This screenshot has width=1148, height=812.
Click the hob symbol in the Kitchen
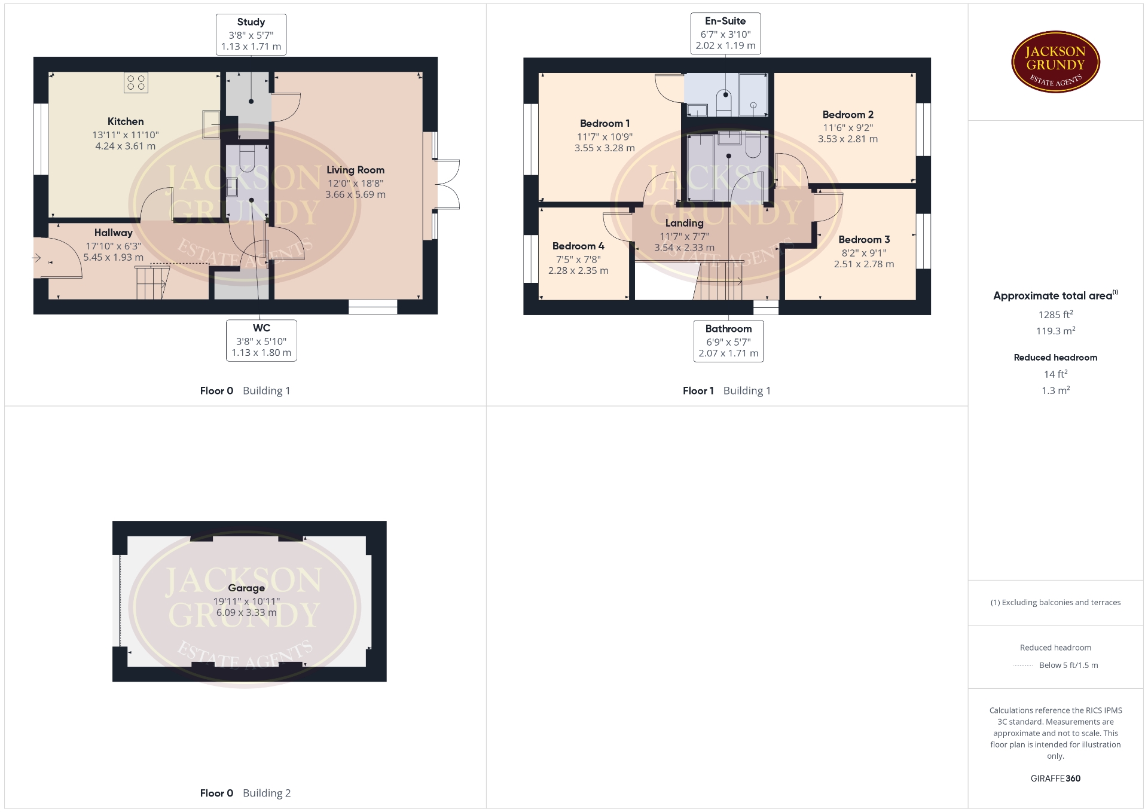[136, 83]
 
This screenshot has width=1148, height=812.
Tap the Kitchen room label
[126, 121]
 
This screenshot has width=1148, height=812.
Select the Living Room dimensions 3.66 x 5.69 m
[355, 195]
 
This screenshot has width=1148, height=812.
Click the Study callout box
[251, 35]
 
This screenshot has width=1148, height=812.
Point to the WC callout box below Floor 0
[261, 341]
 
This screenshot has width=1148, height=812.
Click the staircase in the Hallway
[153, 283]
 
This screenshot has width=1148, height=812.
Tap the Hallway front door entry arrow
[36, 258]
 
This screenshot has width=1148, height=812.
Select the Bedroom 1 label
[604, 124]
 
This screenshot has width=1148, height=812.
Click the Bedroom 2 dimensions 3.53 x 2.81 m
[848, 139]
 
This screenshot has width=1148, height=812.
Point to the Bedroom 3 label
[864, 240]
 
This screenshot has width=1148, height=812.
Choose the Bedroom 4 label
[578, 246]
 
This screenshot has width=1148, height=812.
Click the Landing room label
[684, 223]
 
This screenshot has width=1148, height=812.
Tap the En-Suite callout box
[725, 33]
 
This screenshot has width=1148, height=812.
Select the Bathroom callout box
[728, 341]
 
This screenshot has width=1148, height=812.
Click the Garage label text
[246, 588]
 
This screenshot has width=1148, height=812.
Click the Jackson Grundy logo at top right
[1055, 62]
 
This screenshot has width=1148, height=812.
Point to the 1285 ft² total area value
[1055, 315]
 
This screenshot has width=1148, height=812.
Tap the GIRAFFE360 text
[1055, 779]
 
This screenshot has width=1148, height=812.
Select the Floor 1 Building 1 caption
[726, 391]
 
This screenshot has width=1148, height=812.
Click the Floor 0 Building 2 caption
[245, 793]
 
